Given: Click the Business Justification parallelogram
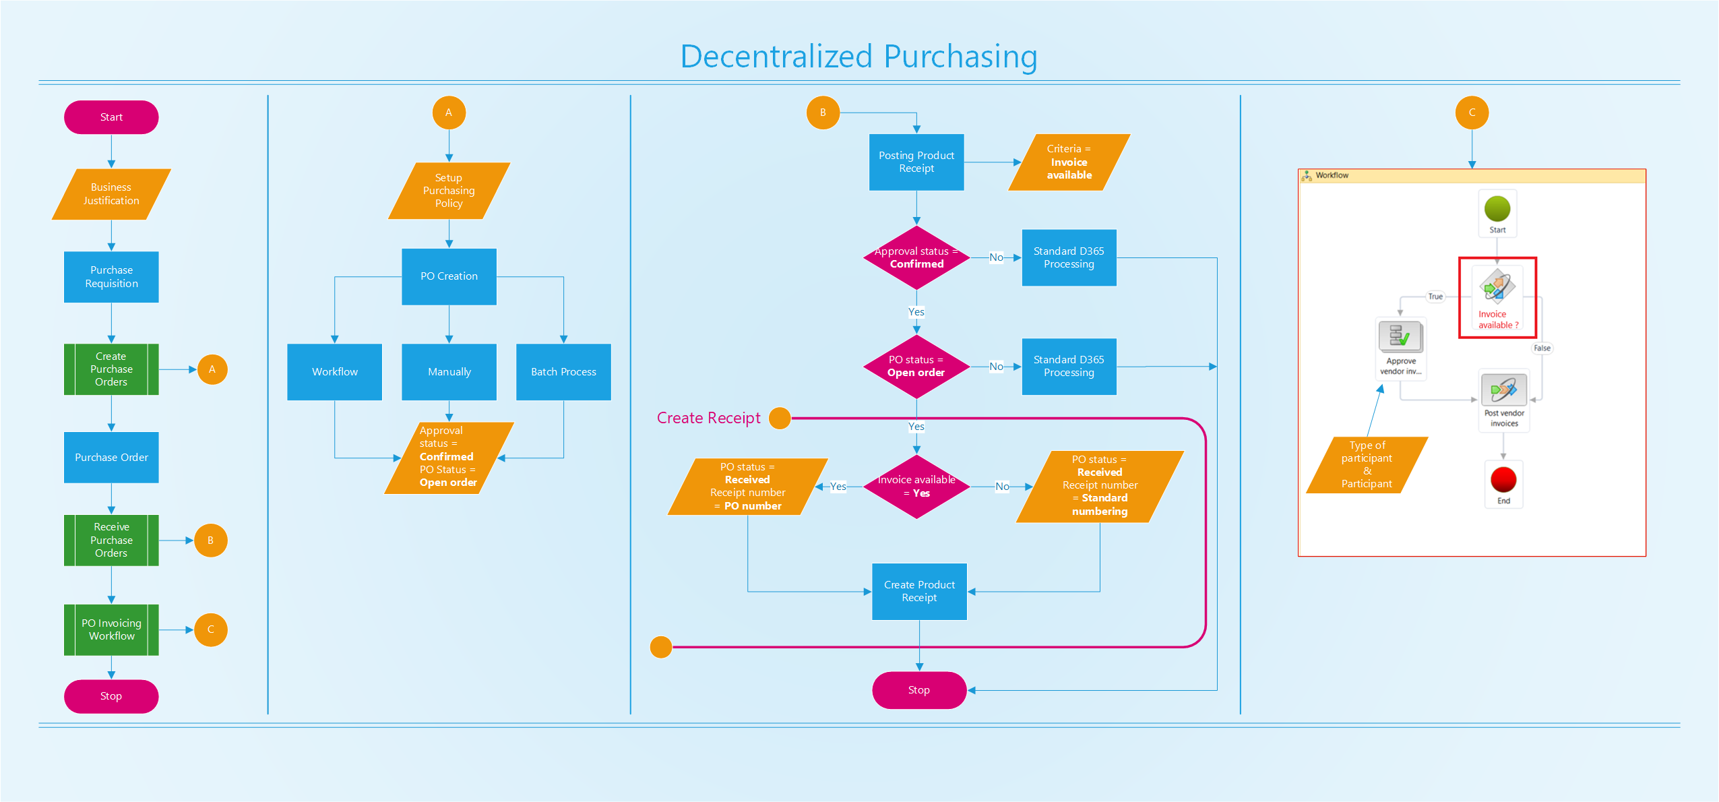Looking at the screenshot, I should click(x=111, y=194).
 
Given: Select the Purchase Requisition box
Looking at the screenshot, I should click(x=111, y=277).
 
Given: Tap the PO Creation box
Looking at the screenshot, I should click(x=449, y=276).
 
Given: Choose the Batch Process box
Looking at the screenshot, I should click(x=563, y=372).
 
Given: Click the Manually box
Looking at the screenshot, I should click(x=449, y=372).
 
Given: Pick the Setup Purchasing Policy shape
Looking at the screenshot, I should click(x=449, y=191).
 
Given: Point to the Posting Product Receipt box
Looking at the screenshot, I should click(x=916, y=162).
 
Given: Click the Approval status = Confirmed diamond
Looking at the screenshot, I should click(x=916, y=257).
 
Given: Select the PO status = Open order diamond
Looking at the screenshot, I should click(x=916, y=366).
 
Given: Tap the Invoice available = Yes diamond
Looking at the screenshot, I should click(x=916, y=486).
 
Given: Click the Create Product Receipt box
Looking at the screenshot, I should click(x=919, y=591).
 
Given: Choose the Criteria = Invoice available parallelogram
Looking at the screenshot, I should click(x=1069, y=162).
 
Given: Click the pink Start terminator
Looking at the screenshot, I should click(x=111, y=117).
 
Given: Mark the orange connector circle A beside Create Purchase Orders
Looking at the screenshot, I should click(x=212, y=369).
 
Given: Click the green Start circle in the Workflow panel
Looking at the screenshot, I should click(x=1497, y=209).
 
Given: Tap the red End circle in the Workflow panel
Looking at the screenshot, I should click(x=1503, y=480).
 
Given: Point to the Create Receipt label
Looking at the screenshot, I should click(x=708, y=418).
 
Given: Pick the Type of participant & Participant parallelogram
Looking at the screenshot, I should click(x=1367, y=465).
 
